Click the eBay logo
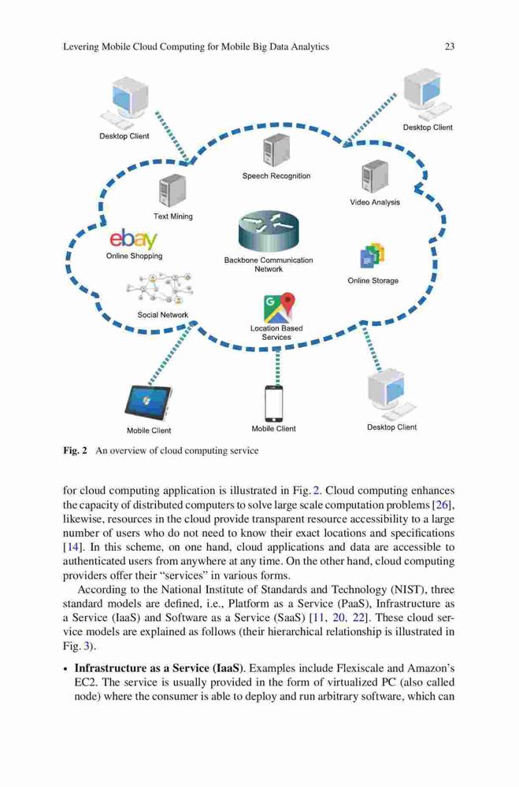133,239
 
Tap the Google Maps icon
279,308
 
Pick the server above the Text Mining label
172,191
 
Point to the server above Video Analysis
375,176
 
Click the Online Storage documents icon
373,256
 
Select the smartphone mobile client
274,404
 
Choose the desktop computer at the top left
124,103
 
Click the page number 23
450,46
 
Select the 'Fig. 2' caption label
76,450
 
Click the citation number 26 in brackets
442,505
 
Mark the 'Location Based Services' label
276,333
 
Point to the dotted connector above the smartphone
277,368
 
